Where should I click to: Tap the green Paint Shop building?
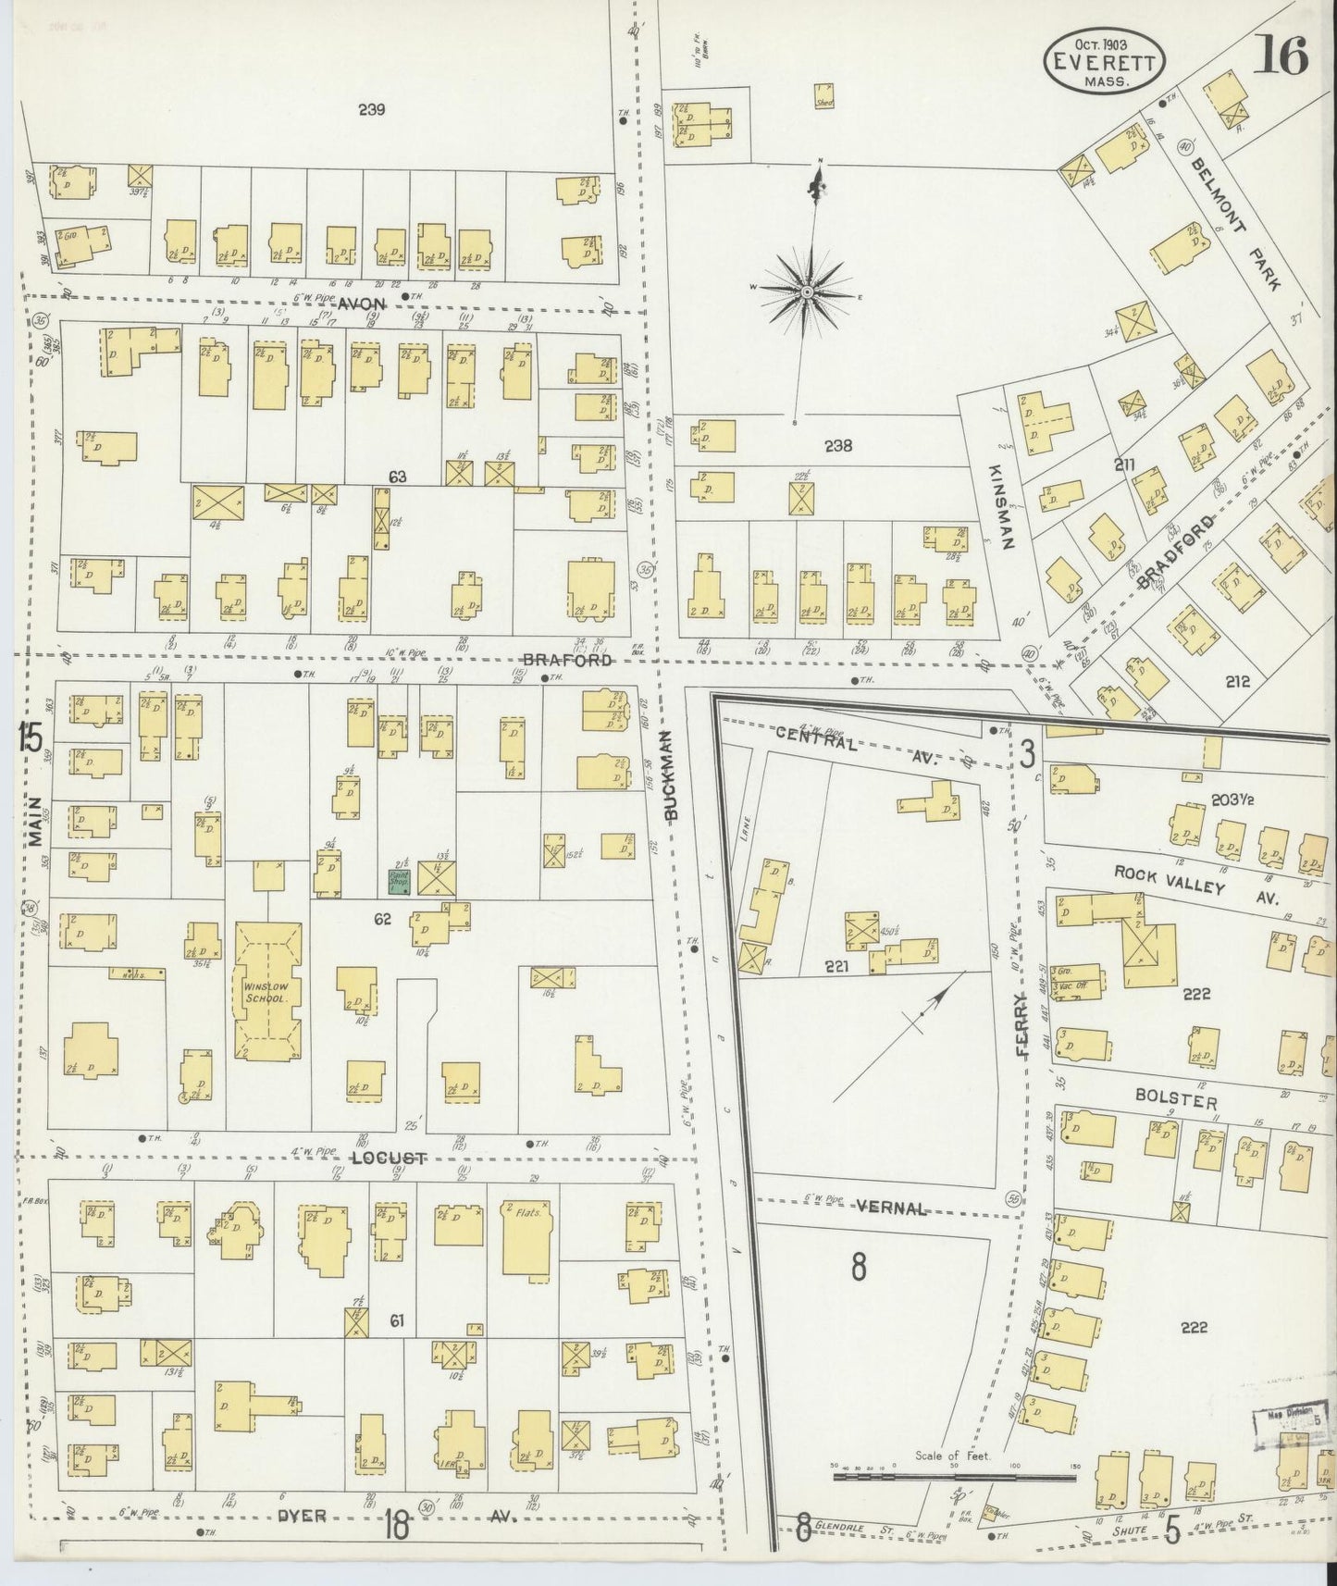[399, 881]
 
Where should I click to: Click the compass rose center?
[807, 292]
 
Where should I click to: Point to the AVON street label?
[360, 304]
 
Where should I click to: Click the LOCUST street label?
[389, 1159]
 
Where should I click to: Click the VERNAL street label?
[891, 1208]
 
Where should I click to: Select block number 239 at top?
[371, 110]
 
